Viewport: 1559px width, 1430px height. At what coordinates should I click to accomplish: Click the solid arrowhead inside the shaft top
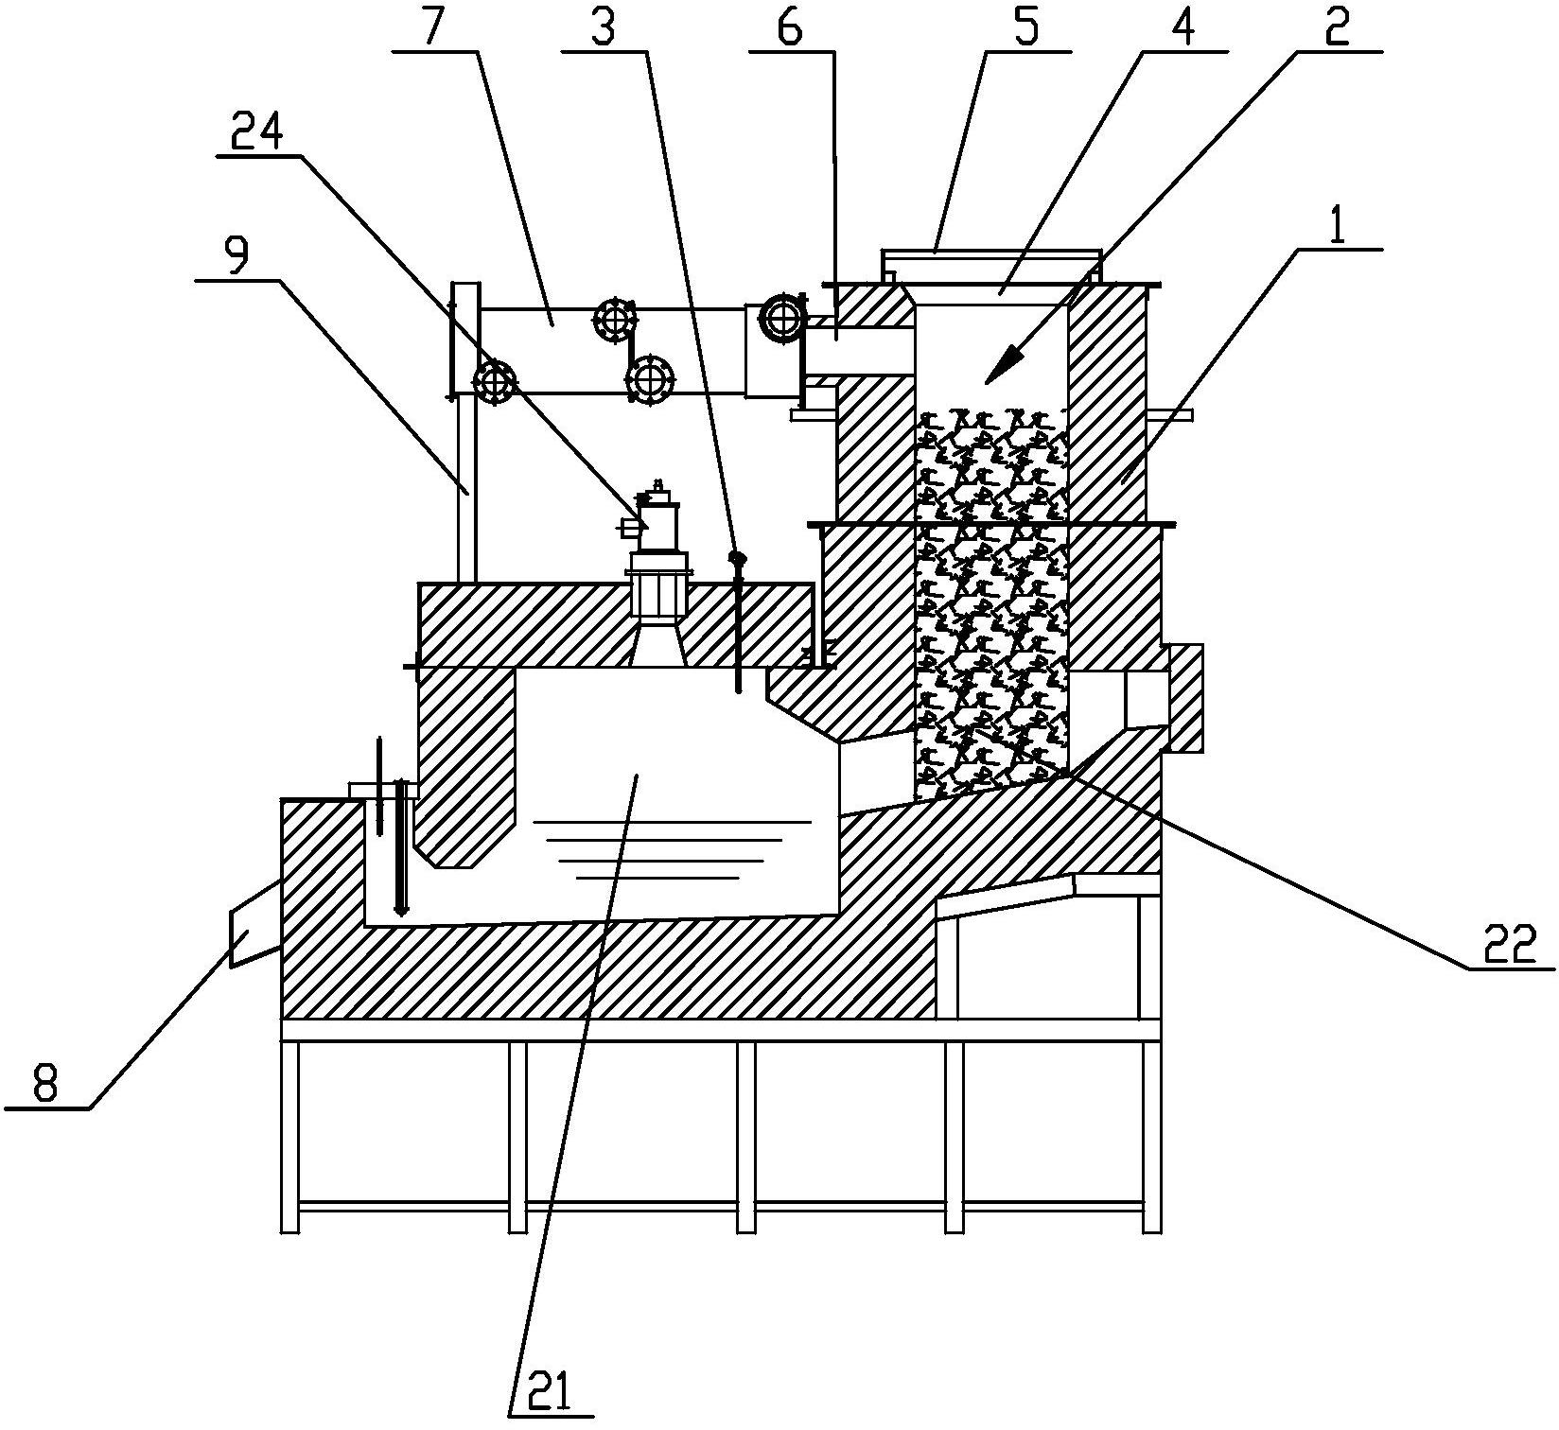[x=1008, y=365]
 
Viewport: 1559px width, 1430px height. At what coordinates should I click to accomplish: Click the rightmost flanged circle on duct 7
[x=784, y=319]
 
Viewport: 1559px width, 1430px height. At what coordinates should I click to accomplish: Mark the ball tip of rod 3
[x=734, y=559]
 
